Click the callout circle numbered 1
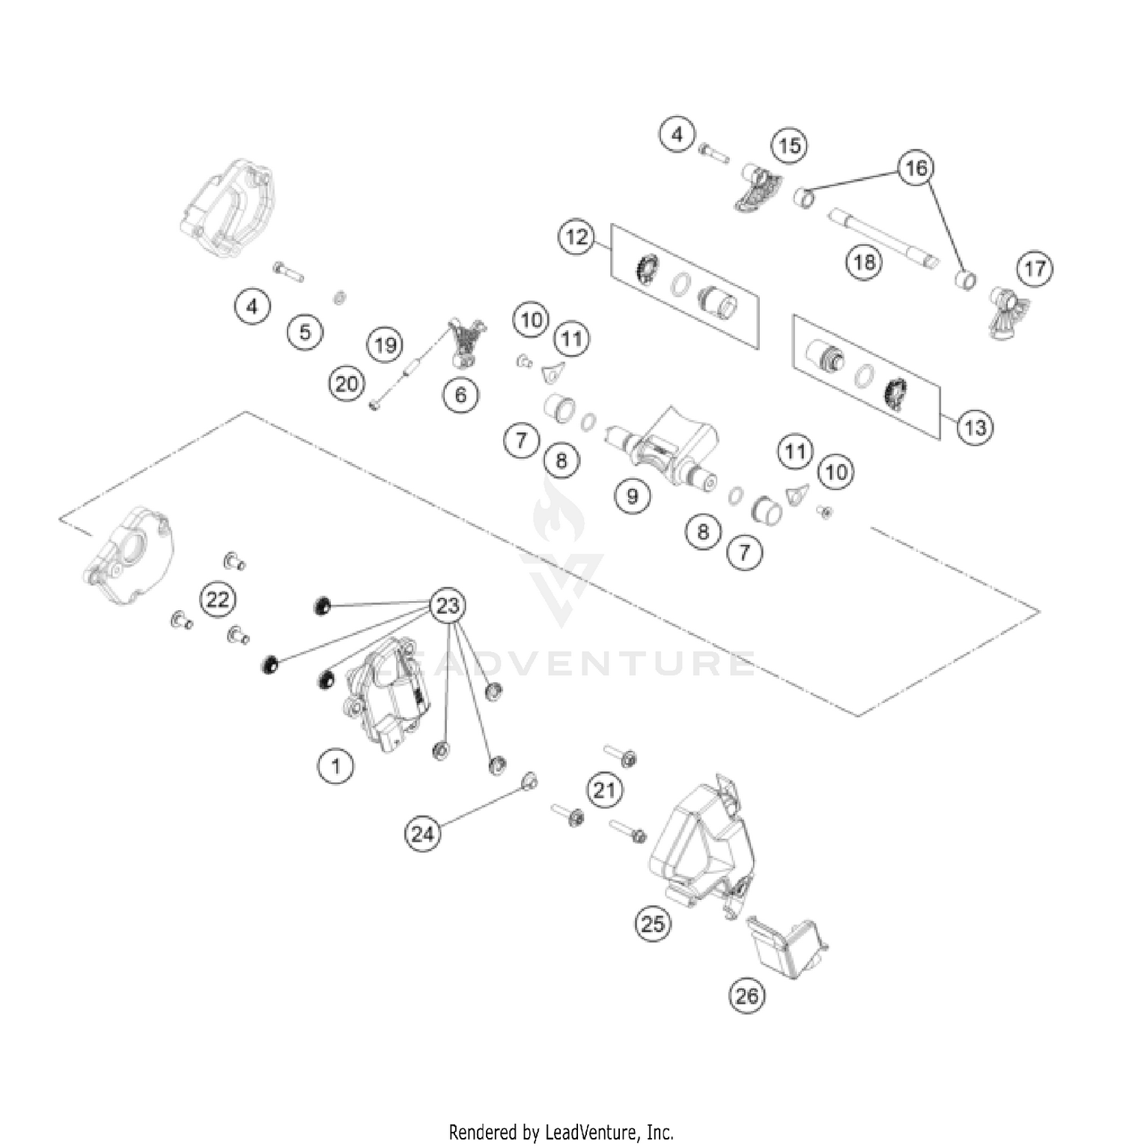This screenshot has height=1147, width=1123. pyautogui.click(x=335, y=766)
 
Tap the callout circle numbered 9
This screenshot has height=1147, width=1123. pyautogui.click(x=633, y=496)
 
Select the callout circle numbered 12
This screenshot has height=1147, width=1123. pyautogui.click(x=576, y=237)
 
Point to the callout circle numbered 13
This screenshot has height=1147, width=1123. pyautogui.click(x=975, y=428)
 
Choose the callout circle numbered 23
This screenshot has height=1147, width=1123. pyautogui.click(x=447, y=605)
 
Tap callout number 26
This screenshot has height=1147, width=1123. pyautogui.click(x=746, y=995)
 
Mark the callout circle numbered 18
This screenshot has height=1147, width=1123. pyautogui.click(x=864, y=262)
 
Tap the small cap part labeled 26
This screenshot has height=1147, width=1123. pyautogui.click(x=786, y=947)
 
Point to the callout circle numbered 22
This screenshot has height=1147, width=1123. pyautogui.click(x=218, y=600)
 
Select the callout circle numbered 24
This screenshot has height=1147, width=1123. pyautogui.click(x=423, y=833)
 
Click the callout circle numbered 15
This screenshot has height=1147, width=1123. pyautogui.click(x=790, y=145)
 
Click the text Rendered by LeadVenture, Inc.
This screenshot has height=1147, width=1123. pyautogui.click(x=561, y=1131)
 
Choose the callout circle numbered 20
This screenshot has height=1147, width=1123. pyautogui.click(x=346, y=385)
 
